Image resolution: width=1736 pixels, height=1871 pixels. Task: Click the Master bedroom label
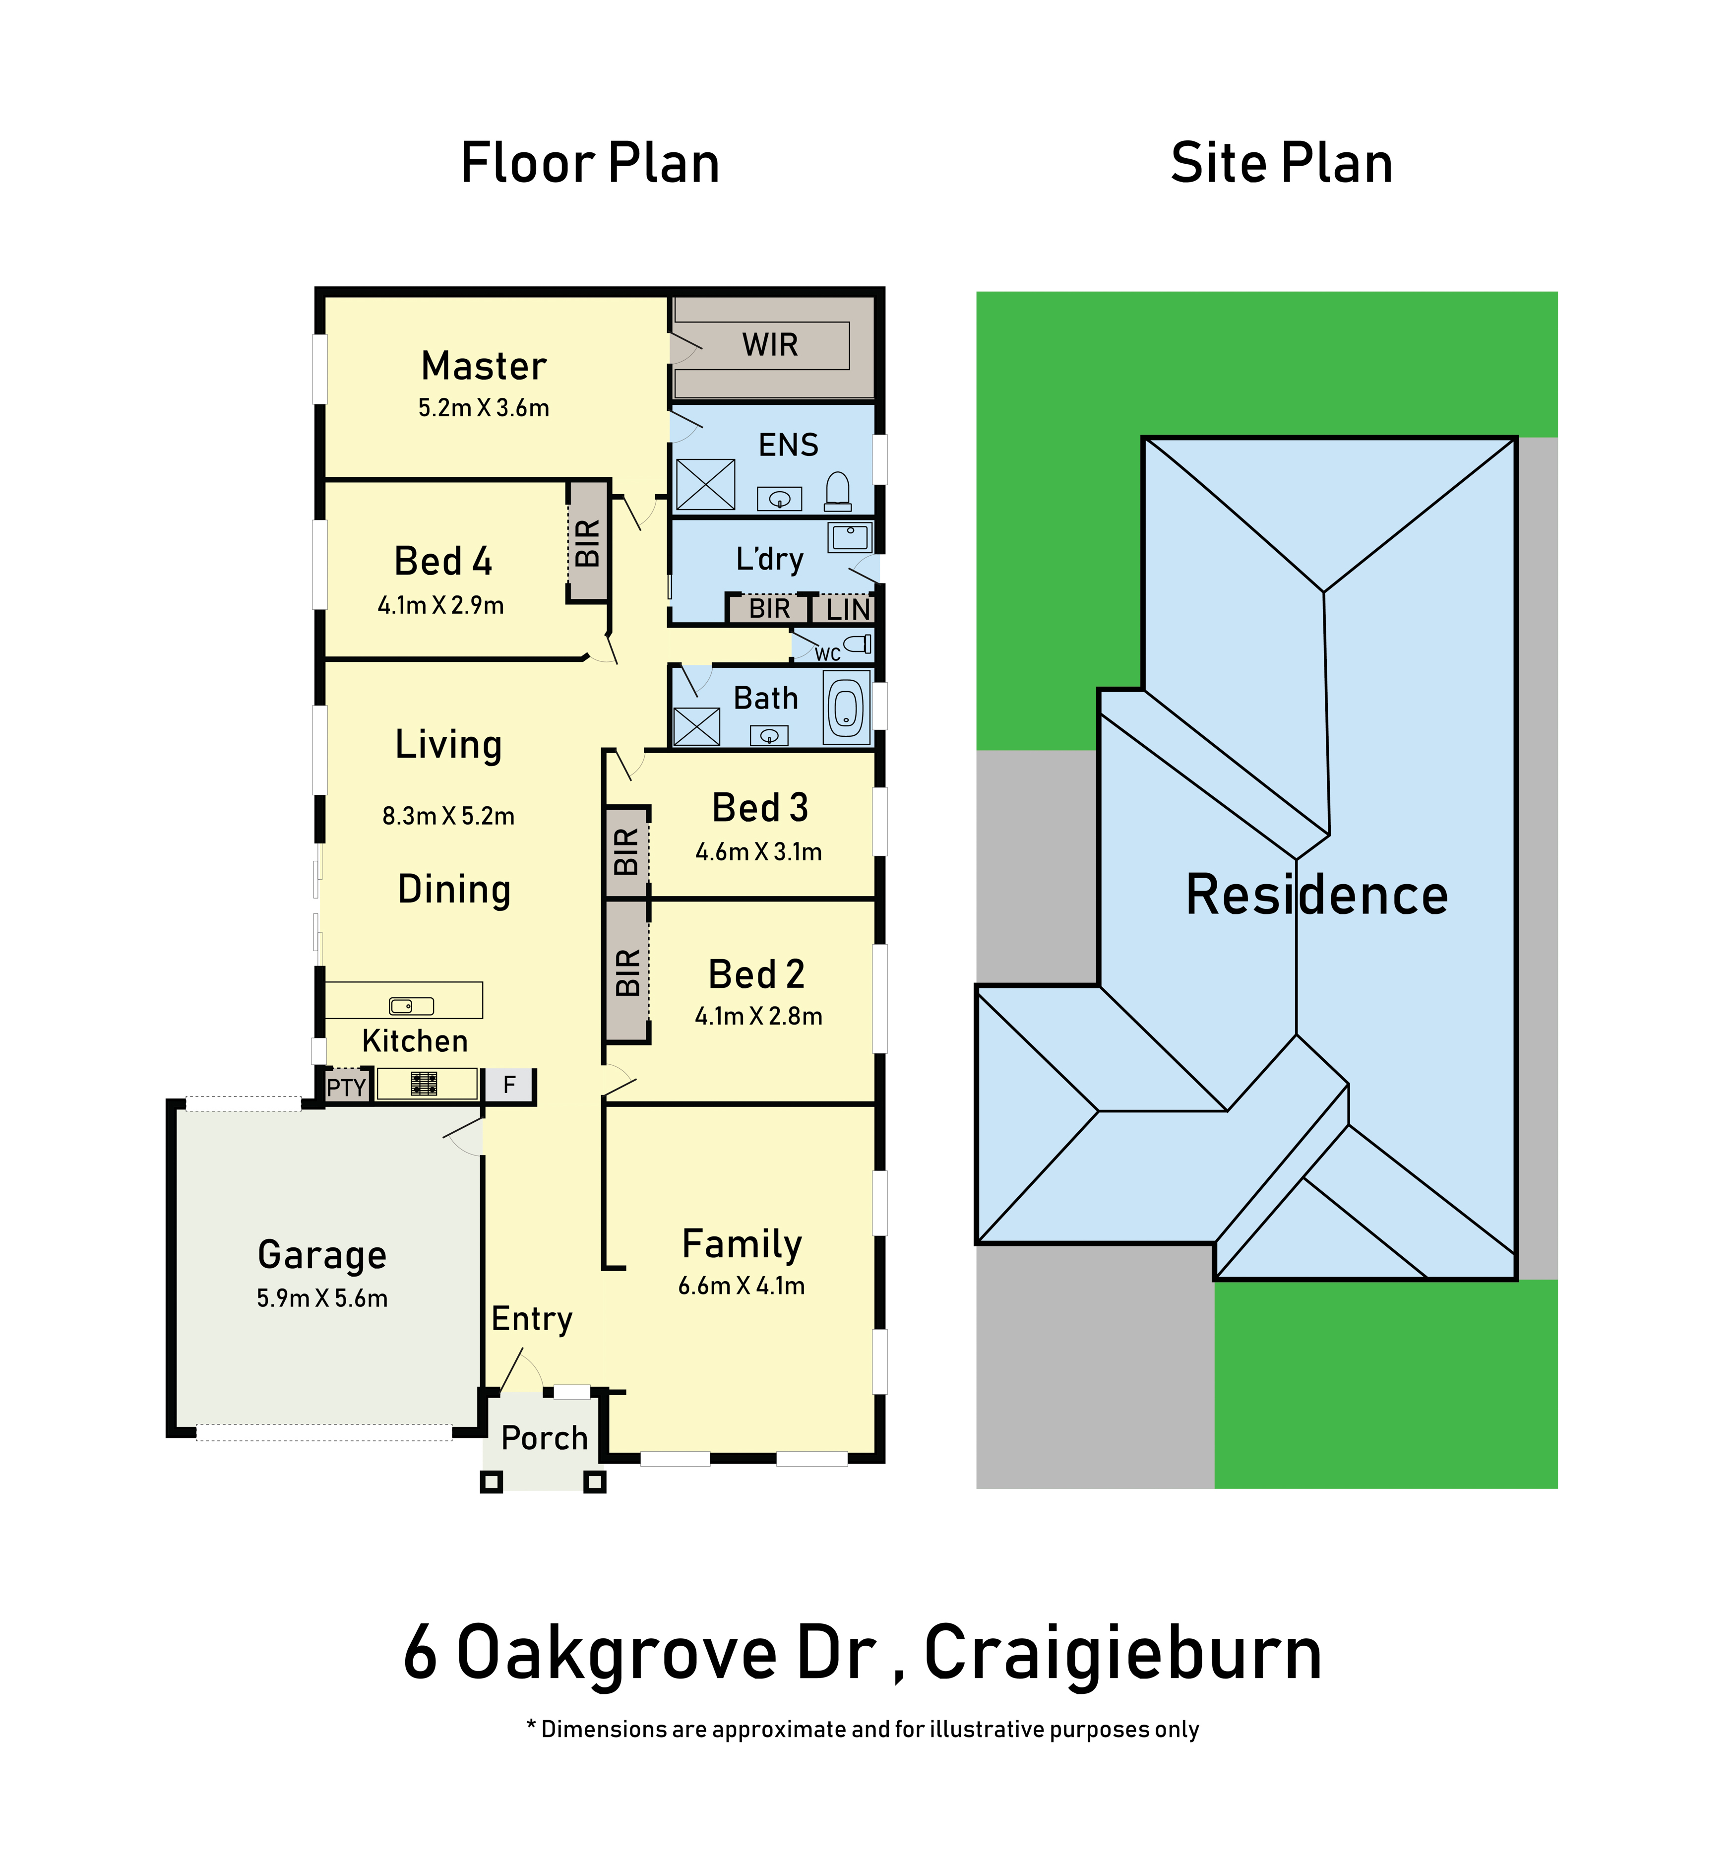484,366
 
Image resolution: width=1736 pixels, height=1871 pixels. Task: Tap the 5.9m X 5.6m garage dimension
322,1298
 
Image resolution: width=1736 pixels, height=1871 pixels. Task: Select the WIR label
770,345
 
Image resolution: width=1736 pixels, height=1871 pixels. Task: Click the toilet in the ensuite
838,492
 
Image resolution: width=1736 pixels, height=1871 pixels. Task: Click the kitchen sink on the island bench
412,1006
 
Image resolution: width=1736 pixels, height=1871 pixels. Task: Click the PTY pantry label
346,1087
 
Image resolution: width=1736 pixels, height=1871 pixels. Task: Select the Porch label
545,1438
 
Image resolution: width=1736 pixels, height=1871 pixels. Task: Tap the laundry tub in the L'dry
850,536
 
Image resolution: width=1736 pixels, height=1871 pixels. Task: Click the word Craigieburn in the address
1123,1653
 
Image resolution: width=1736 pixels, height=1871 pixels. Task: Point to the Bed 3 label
760,807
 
